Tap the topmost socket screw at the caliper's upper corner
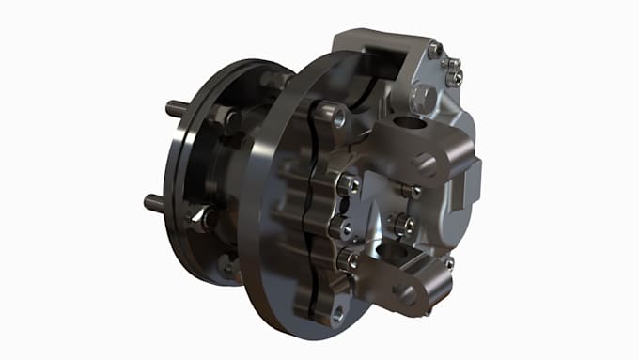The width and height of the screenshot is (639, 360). click(x=434, y=49)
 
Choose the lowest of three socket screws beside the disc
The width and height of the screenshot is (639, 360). click(x=349, y=260)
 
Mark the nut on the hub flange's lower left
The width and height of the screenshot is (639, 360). click(x=205, y=221)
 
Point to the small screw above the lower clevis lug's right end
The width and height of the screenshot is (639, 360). click(x=449, y=263)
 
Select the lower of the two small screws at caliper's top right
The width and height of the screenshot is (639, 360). click(x=455, y=78)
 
